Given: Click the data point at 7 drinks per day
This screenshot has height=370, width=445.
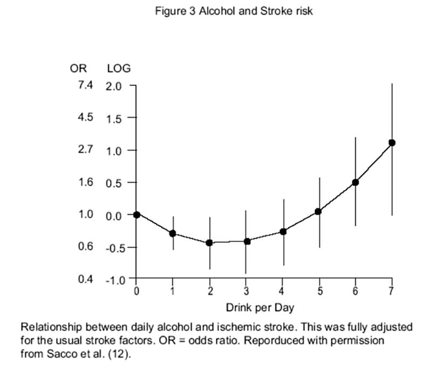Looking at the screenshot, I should (392, 142).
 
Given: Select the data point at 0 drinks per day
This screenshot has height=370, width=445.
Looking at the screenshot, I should (136, 214).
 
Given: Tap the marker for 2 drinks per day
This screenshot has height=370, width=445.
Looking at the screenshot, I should (210, 243).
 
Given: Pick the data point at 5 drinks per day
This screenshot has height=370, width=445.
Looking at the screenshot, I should (319, 211).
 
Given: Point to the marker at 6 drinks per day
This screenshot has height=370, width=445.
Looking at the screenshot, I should (355, 182).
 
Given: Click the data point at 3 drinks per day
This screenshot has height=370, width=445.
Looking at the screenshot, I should (247, 241).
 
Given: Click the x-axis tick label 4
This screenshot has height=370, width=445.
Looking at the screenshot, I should (283, 292).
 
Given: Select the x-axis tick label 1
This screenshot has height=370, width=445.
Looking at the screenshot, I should (173, 292).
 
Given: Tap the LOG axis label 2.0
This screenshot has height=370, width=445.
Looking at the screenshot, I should (114, 86).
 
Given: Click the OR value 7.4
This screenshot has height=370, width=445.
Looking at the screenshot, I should (85, 85).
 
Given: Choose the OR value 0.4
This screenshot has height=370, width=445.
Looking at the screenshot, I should (85, 279).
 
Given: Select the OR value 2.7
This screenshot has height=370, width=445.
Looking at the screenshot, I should (85, 149).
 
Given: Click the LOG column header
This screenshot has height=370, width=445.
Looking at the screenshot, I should (119, 68).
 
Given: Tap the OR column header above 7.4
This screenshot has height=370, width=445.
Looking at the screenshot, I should (79, 68).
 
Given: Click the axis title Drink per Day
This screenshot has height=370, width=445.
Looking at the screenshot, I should (260, 308).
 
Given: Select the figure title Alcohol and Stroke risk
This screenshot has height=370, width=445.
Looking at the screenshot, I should (256, 11).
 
